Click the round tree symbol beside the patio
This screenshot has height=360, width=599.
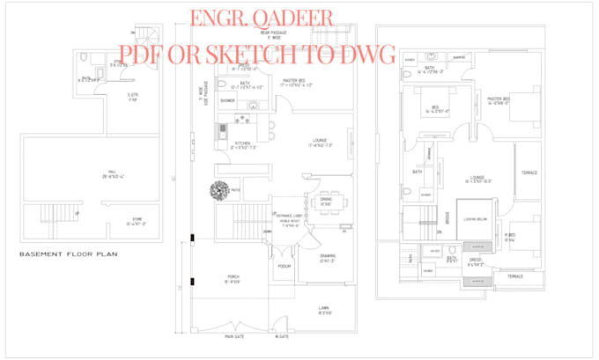pyautogui.click(x=218, y=188)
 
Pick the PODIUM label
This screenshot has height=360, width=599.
pyautogui.click(x=284, y=265)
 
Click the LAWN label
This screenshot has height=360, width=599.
pyautogui.click(x=323, y=308)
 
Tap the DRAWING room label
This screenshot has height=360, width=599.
pyautogui.click(x=315, y=256)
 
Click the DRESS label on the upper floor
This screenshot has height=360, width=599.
pyautogui.click(x=476, y=261)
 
